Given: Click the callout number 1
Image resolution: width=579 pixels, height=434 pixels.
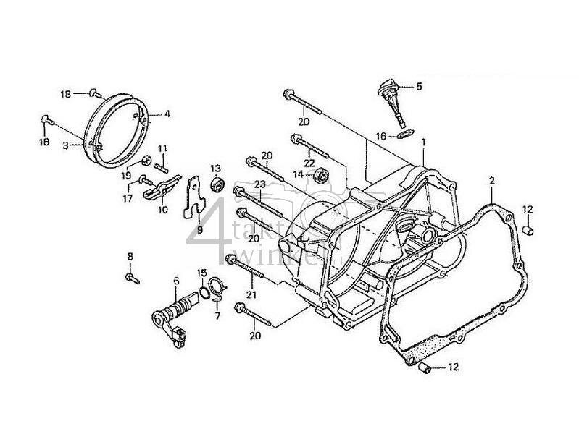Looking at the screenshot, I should coord(423,143).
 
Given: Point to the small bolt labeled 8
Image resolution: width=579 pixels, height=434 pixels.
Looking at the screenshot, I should coord(130,276).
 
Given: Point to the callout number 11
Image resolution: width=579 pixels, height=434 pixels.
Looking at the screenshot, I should coord(162,149).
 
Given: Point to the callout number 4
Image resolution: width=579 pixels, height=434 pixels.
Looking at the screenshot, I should coord(167,114).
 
